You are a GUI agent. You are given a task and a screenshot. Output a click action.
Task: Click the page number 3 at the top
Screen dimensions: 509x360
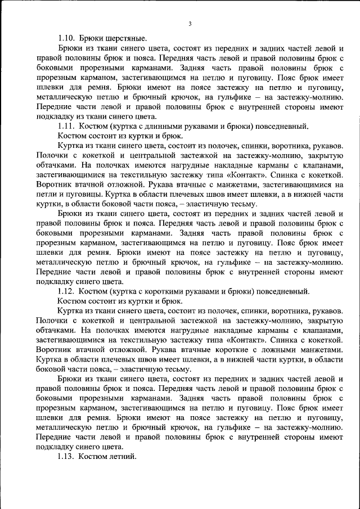tap(190, 24)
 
